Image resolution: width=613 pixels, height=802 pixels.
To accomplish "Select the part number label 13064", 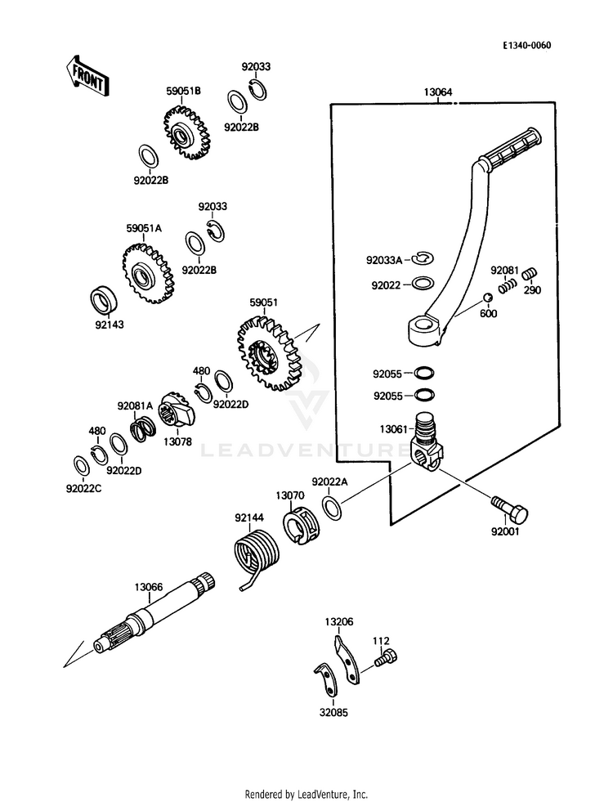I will coord(438,92).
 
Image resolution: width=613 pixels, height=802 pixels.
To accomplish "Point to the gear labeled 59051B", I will coord(186,131).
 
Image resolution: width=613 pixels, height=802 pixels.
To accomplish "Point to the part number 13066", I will coord(149,586).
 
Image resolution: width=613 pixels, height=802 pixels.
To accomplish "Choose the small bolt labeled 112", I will coord(385,656).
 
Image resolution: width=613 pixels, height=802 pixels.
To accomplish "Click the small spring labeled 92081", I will coord(507,285).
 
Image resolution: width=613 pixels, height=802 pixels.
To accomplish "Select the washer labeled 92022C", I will coord(82,466).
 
